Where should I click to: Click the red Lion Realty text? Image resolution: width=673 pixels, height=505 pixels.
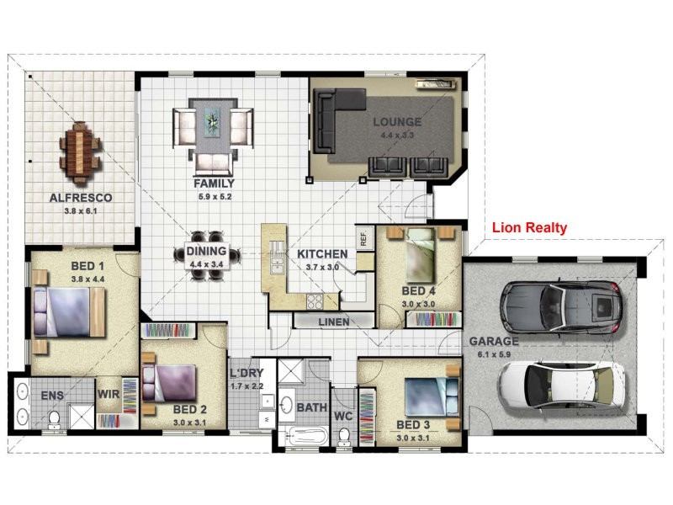click(529, 227)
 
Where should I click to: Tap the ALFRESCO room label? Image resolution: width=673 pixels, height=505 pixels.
click(81, 198)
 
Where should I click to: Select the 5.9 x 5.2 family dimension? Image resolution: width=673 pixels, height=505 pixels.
click(215, 197)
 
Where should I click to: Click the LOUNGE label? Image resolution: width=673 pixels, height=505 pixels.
click(397, 122)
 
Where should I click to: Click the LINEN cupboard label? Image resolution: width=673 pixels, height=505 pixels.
click(333, 322)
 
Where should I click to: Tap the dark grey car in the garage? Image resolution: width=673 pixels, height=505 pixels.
click(561, 307)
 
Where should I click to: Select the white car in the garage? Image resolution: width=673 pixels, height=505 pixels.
click(561, 385)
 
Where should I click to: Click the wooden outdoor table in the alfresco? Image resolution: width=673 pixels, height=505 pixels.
click(79, 153)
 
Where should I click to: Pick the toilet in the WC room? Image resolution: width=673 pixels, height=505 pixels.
click(343, 437)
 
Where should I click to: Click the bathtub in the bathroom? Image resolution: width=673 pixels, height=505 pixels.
click(304, 436)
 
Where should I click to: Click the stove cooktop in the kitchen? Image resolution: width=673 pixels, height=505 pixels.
click(315, 301)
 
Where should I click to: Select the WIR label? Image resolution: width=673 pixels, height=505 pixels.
click(109, 394)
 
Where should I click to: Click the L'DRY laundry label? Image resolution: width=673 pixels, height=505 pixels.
click(246, 373)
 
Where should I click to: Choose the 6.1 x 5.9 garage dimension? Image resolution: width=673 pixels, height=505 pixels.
click(494, 354)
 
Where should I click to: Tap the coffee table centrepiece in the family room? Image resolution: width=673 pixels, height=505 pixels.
click(212, 122)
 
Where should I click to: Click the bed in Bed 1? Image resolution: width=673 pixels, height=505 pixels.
click(69, 311)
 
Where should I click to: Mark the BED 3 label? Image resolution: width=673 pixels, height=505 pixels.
click(412, 425)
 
